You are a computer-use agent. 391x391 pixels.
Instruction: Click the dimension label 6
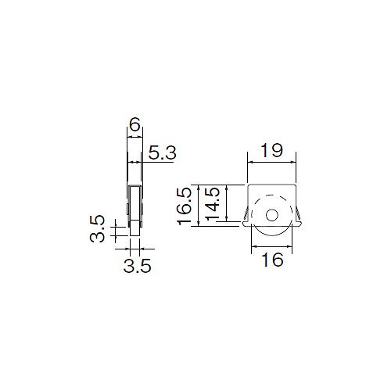click(135, 124)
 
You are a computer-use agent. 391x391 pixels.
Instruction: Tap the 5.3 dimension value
click(162, 152)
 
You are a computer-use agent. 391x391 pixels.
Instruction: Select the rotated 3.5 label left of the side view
click(97, 228)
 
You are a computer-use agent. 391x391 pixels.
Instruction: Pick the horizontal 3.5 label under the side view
click(138, 266)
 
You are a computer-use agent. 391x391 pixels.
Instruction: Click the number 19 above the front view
click(271, 150)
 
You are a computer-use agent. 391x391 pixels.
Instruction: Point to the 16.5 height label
click(185, 206)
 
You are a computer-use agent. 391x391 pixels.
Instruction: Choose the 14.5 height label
click(213, 204)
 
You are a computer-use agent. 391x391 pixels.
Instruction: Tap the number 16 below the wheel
click(272, 260)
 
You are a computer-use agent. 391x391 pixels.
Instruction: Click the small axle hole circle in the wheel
click(272, 215)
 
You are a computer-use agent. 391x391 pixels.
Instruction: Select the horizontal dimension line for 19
click(271, 163)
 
